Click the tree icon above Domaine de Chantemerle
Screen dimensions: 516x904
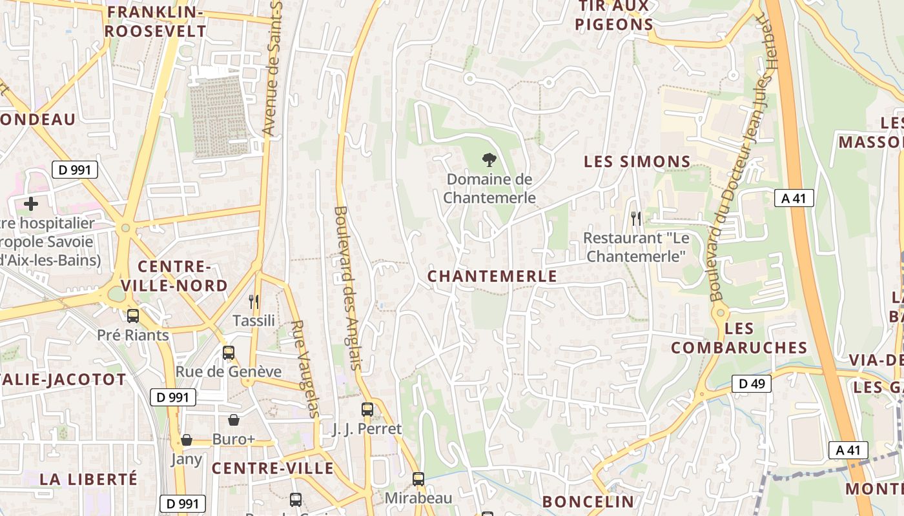pos(489,159)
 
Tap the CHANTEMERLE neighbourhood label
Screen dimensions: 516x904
pos(492,276)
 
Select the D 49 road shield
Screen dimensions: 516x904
pos(752,384)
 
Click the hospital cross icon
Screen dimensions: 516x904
pos(30,204)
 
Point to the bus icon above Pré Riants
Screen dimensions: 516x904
pos(133,316)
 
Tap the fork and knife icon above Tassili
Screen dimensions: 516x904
pos(254,301)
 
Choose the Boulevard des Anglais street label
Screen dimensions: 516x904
pos(347,288)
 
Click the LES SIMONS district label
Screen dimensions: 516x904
pos(637,162)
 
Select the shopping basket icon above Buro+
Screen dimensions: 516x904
pos(234,420)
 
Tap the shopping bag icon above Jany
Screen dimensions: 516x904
pos(187,440)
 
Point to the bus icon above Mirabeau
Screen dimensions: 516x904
pos(418,479)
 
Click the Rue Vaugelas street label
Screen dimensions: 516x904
pos(305,369)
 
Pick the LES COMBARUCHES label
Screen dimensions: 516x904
pos(739,338)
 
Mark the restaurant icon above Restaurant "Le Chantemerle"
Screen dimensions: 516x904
pos(636,219)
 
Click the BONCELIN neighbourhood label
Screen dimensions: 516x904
pos(588,502)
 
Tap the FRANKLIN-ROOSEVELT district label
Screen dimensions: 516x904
pos(156,21)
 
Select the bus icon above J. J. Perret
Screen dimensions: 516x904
pos(367,410)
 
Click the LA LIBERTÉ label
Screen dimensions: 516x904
pos(89,479)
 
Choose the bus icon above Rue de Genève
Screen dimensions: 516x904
pos(229,353)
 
